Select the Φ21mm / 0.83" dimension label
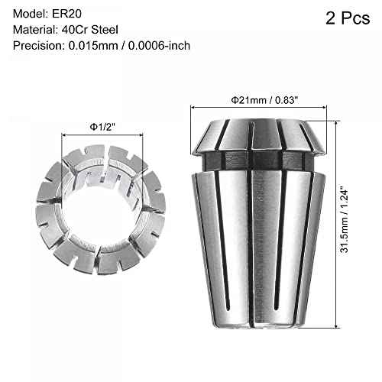[261, 99]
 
